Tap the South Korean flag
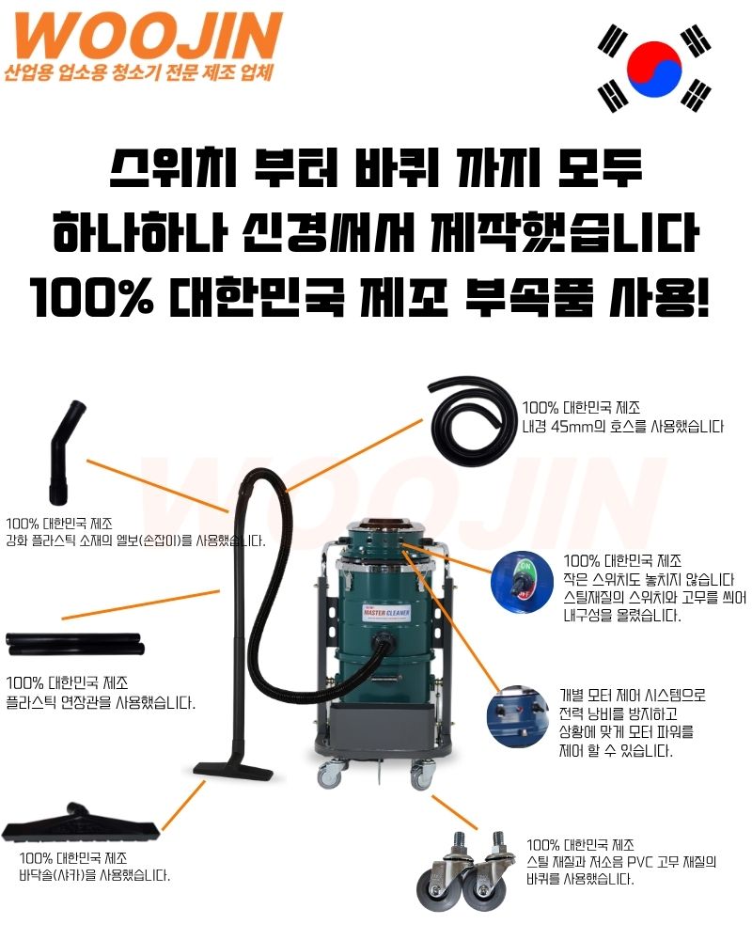(x=654, y=68)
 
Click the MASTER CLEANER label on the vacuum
(x=386, y=613)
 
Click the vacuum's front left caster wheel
(x=330, y=774)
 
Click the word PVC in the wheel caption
(x=640, y=863)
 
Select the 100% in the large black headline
(x=91, y=297)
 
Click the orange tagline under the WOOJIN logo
(x=139, y=72)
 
